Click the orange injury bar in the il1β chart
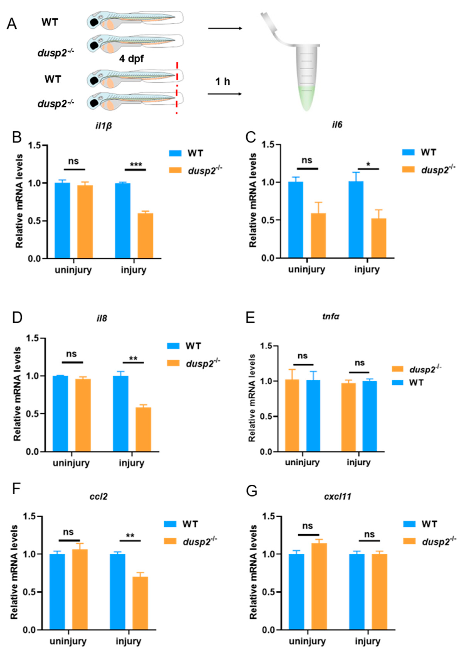[x=145, y=236]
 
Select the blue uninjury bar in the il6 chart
[x=296, y=220]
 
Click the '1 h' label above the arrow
[x=223, y=82]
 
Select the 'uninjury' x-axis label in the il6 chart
[x=306, y=269]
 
